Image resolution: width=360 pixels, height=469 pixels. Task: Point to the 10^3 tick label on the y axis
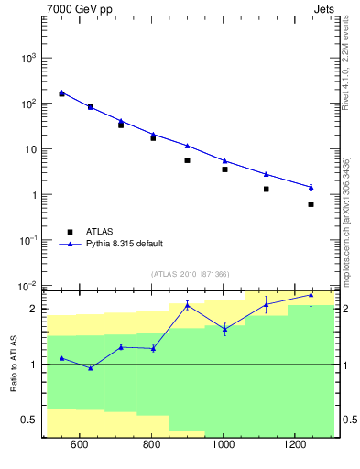tap(26, 58)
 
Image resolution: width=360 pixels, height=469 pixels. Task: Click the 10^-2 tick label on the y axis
tap(26, 287)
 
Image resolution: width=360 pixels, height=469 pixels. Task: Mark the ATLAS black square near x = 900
tap(187, 160)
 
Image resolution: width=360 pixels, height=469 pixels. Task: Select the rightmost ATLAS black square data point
tap(311, 204)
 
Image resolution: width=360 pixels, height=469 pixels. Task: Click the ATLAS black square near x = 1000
tap(224, 169)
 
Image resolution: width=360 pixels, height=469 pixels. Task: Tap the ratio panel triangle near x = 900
tap(187, 305)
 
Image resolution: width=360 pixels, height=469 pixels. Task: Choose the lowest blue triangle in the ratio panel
tap(90, 368)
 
